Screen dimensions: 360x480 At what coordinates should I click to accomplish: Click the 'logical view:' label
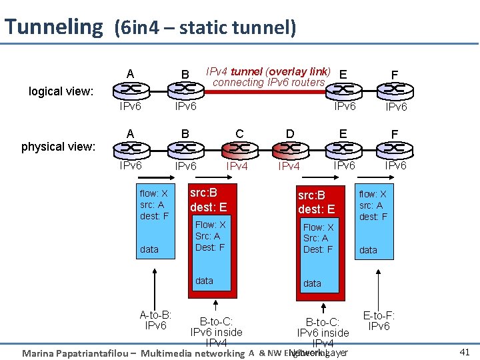[61, 91]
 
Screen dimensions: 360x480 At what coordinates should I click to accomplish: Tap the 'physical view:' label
[58, 146]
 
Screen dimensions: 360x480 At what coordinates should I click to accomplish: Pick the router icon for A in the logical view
[130, 89]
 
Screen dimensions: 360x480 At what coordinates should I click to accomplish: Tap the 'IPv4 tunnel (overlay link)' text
[267, 71]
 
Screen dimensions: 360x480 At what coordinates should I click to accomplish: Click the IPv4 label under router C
[238, 166]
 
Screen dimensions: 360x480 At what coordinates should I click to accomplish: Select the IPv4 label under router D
[289, 166]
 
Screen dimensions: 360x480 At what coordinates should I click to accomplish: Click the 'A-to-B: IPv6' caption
[155, 320]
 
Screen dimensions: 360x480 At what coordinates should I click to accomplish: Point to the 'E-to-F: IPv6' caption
[379, 321]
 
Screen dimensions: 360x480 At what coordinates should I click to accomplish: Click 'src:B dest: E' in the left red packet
[208, 200]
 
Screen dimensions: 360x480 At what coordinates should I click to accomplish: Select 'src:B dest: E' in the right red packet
[316, 202]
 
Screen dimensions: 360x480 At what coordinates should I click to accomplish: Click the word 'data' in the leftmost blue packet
[149, 249]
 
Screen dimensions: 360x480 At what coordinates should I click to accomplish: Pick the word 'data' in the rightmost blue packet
[368, 250]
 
